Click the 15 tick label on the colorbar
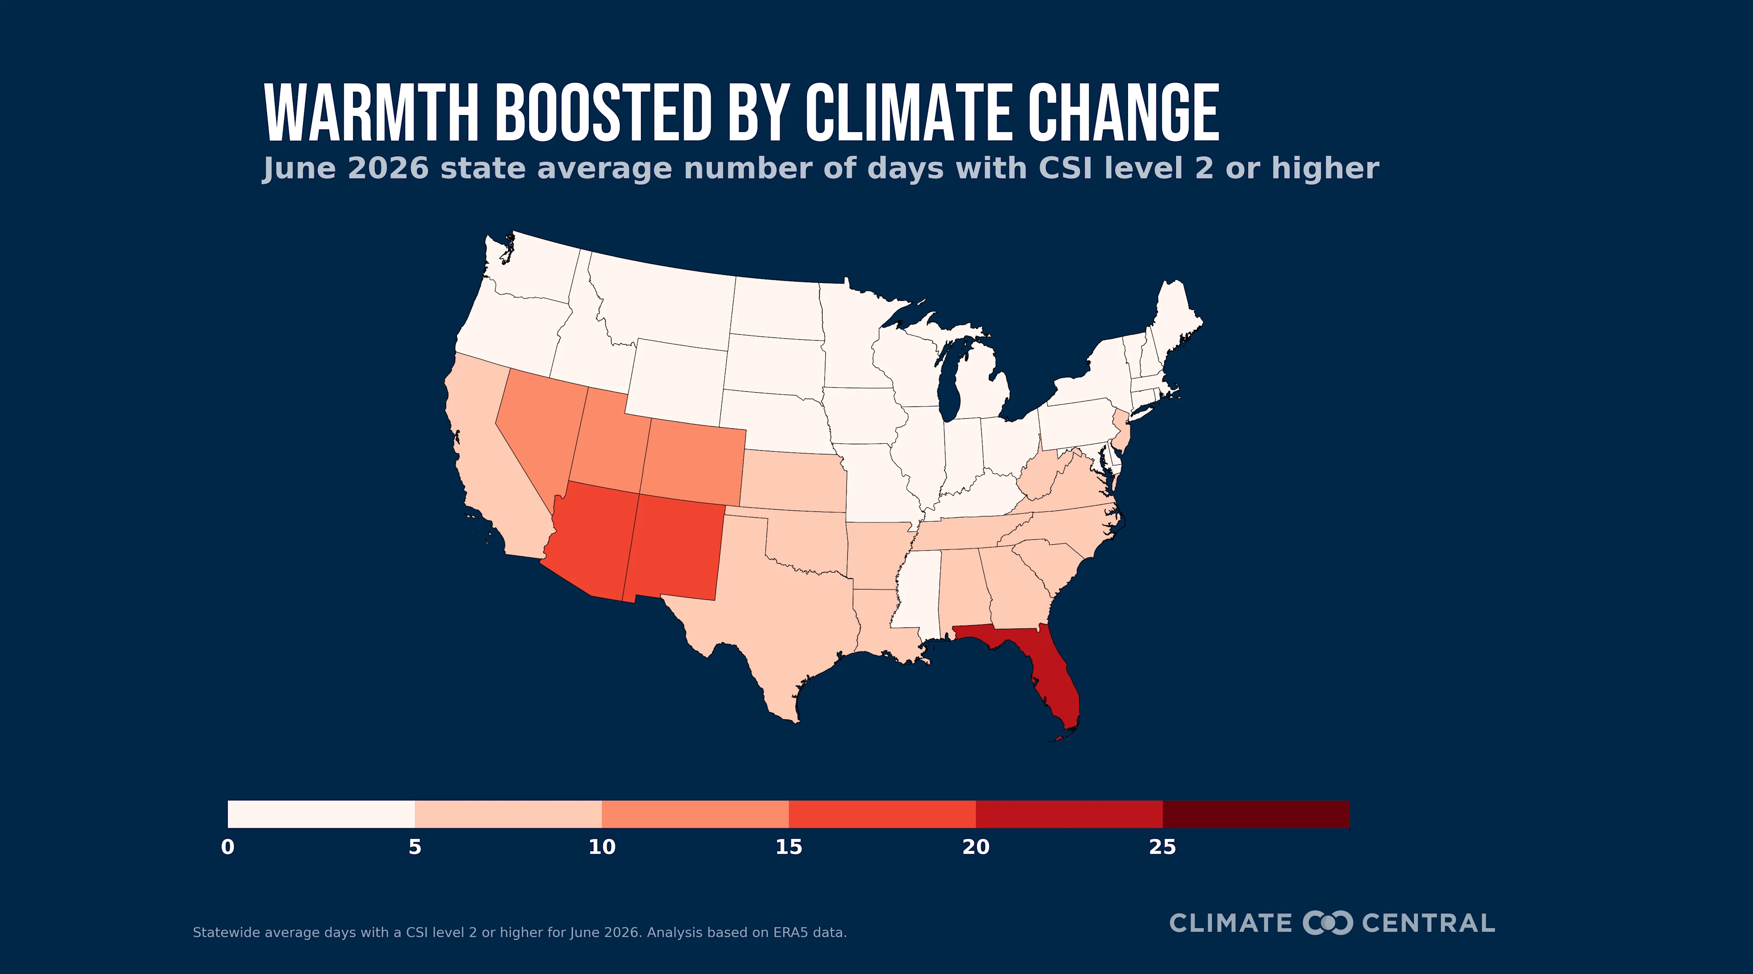[x=789, y=848]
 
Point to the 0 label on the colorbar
[x=228, y=848]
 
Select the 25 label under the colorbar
[x=1162, y=848]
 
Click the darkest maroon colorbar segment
[x=1256, y=814]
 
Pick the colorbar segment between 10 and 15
[x=695, y=814]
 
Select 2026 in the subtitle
[x=388, y=169]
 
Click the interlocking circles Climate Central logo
[x=1328, y=922]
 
